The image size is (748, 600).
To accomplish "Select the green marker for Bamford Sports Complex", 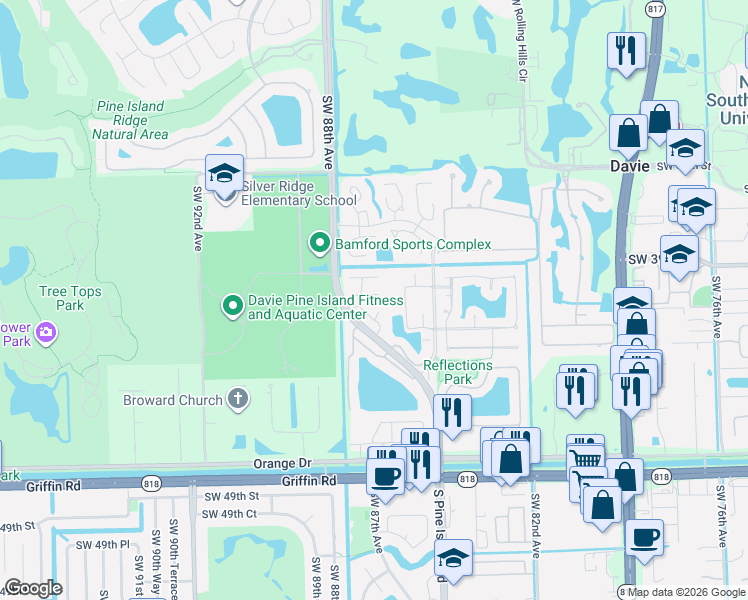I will click(319, 243).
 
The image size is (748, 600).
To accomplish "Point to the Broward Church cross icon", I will click(237, 399).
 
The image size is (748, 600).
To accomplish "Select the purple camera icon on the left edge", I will click(45, 331).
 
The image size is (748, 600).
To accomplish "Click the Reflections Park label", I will click(457, 372).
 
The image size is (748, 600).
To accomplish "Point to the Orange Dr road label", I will click(284, 463).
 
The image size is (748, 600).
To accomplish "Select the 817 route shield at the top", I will click(655, 7).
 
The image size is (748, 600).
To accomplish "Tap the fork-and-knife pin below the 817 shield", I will click(625, 51).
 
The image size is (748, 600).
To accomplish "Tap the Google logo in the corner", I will click(33, 588).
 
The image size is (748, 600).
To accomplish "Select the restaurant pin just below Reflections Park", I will click(452, 412).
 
